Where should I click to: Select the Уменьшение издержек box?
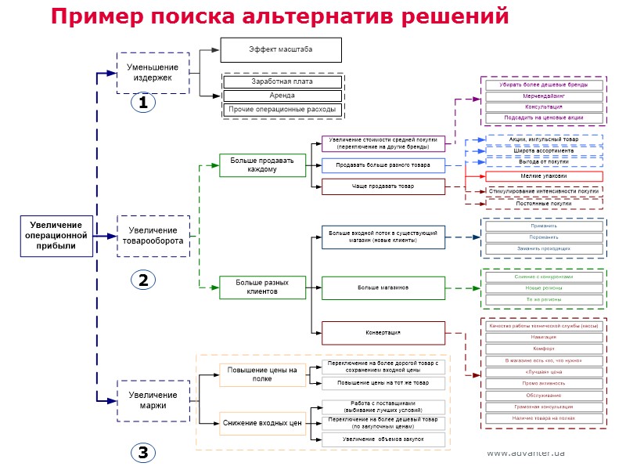point(153,73)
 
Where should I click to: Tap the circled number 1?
point(142,103)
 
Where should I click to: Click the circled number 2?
point(142,280)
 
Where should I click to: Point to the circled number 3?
point(142,452)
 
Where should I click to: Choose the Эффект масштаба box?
point(281,49)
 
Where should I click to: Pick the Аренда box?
point(282,96)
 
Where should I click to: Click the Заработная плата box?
point(282,81)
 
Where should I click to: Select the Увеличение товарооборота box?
point(153,236)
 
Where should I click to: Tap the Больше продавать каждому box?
point(262,165)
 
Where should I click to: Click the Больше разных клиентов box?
point(262,287)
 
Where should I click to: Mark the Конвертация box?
point(383,333)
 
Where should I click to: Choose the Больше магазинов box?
point(383,287)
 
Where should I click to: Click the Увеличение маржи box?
point(153,400)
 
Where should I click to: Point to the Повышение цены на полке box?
point(262,374)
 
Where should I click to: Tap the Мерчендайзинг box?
point(543,96)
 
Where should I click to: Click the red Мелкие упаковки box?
point(543,176)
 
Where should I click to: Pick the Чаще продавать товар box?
point(383,186)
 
